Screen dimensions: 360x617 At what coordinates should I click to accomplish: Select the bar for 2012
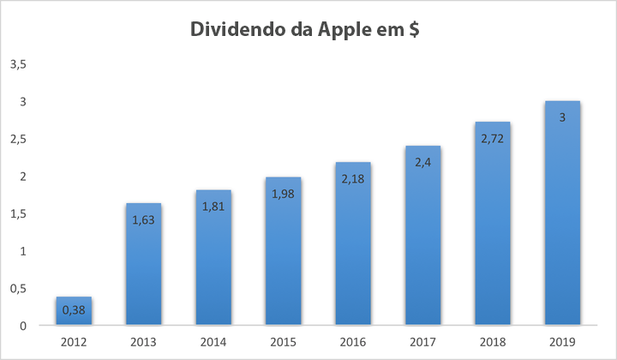[x=74, y=312]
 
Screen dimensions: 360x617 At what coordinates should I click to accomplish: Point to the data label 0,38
[x=74, y=310]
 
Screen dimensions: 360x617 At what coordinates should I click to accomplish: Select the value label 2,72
[x=493, y=136]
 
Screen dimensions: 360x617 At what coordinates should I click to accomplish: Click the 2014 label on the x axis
[x=213, y=342]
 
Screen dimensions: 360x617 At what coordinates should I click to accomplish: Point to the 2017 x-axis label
[x=422, y=342]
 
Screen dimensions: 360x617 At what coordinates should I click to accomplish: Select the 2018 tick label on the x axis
[x=493, y=342]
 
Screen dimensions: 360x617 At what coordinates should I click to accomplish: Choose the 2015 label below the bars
[x=283, y=342]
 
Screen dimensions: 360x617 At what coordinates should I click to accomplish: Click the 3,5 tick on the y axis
[x=18, y=64]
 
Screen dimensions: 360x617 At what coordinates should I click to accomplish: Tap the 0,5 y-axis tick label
[x=18, y=289]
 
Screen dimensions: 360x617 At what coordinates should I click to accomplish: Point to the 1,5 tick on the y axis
[x=18, y=213]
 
